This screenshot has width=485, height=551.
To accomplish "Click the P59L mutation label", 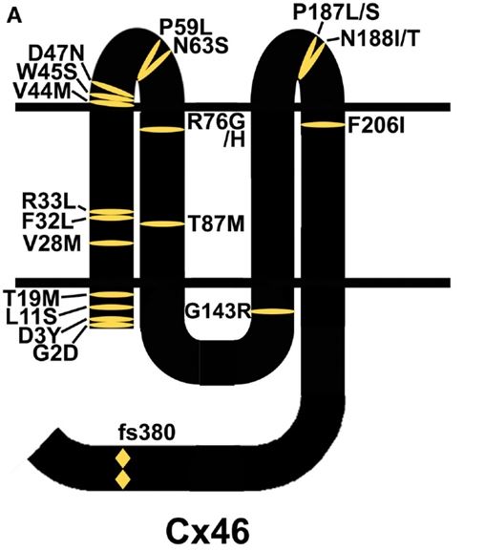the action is (x=184, y=28).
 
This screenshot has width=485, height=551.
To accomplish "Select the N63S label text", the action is (x=200, y=46).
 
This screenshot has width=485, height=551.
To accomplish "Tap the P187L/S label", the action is (x=336, y=12).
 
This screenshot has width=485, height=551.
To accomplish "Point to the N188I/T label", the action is (x=380, y=38).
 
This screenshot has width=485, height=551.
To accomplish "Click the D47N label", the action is (x=56, y=54).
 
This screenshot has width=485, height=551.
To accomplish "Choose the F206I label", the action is (x=376, y=125).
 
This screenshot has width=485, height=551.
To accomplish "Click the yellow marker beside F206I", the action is (x=324, y=125).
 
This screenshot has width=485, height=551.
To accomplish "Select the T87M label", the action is (x=216, y=223).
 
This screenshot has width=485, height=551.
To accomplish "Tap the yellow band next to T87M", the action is (x=162, y=223).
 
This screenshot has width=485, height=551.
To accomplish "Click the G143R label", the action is (x=217, y=311).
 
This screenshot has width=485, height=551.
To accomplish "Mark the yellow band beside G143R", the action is (x=273, y=311).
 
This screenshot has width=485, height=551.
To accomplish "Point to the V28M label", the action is (x=53, y=244).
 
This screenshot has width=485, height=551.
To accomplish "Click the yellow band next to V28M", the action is (x=112, y=244).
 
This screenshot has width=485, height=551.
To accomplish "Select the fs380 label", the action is (x=147, y=433).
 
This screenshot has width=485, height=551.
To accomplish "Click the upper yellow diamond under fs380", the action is (x=123, y=458).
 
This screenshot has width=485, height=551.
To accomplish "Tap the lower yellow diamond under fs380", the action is (x=123, y=479).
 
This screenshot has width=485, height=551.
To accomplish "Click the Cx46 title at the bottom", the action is (x=208, y=532).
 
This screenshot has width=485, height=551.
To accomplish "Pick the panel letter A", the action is (x=14, y=16).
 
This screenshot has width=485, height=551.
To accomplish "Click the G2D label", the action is (x=54, y=353).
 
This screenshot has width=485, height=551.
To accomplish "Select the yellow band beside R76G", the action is (x=162, y=129).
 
